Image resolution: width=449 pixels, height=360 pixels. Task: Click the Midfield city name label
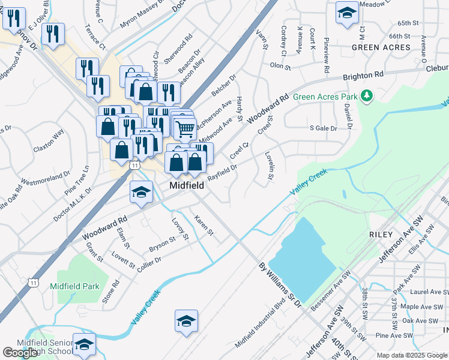click(x=186, y=185)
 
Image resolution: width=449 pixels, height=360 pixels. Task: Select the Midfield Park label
click(x=74, y=286)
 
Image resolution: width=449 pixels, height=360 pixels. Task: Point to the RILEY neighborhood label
click(x=381, y=234)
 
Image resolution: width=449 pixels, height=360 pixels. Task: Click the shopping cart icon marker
click(x=185, y=128)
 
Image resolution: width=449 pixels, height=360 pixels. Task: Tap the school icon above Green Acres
click(x=346, y=13)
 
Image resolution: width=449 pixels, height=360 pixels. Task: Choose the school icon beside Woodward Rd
click(x=142, y=192)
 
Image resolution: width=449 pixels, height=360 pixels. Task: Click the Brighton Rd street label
click(x=363, y=76)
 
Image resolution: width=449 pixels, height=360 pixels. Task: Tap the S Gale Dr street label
click(x=323, y=128)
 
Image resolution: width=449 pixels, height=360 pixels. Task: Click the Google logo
click(x=20, y=353)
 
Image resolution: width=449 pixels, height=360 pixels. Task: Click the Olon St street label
click(x=280, y=65)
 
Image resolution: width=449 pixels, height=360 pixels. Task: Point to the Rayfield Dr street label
click(x=223, y=171)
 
